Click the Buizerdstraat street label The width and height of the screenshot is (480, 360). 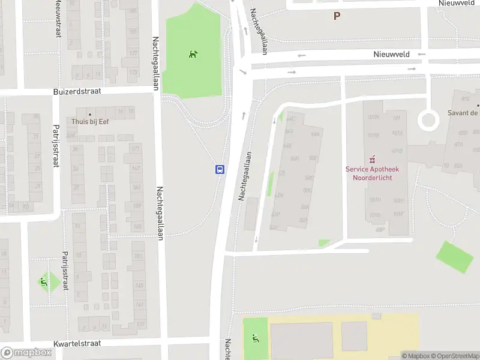point(77,92)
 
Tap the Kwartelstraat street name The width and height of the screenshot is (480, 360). point(77,344)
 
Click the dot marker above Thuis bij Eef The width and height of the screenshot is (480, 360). point(90,113)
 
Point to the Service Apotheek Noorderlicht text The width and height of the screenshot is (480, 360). point(372,173)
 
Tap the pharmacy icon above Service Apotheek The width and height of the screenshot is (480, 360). point(372,159)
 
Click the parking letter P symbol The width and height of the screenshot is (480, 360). point(337,16)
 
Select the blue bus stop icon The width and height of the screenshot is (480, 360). point(220,169)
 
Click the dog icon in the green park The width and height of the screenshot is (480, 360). point(193,55)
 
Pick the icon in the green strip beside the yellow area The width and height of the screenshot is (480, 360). point(256,339)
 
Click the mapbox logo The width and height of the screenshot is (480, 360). point(27,353)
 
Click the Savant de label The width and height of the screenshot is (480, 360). point(463,113)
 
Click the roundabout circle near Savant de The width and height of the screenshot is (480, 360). point(428,120)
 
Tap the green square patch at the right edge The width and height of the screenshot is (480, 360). point(454,257)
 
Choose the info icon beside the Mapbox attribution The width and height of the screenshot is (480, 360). point(405,356)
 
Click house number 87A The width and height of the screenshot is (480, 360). point(459,144)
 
